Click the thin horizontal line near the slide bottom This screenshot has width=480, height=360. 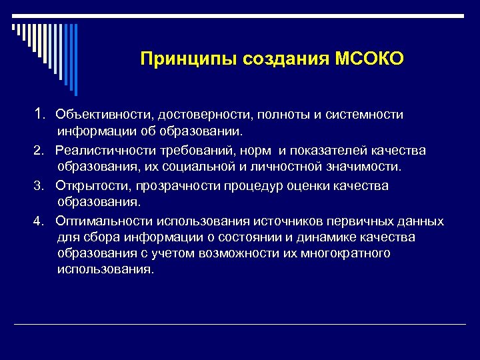(x=240, y=324)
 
